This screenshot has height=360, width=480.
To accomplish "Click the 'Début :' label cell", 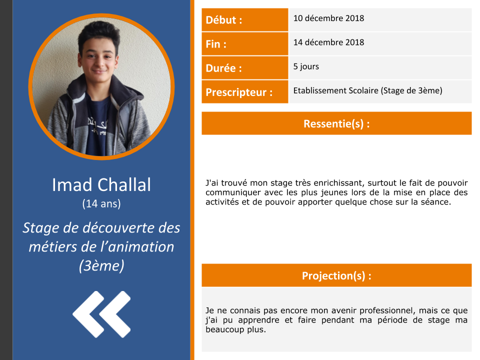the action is (x=244, y=20).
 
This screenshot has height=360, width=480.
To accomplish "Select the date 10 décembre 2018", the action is (x=328, y=18).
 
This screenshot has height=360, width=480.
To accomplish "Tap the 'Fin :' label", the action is (x=216, y=44).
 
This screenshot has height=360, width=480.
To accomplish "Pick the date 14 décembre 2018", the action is (x=328, y=42).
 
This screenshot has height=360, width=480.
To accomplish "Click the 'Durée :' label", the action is (x=224, y=68).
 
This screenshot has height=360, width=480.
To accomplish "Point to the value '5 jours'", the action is (x=306, y=66).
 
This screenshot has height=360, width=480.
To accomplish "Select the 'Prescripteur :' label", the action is (x=239, y=92).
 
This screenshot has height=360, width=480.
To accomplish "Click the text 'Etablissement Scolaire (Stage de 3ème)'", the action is (x=367, y=90).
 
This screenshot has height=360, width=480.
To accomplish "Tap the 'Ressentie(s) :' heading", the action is (x=336, y=123).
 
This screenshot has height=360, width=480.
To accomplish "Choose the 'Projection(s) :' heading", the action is (x=336, y=275).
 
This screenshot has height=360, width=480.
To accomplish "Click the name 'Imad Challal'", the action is (x=101, y=185).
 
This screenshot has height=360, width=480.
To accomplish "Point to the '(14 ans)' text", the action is (x=101, y=203).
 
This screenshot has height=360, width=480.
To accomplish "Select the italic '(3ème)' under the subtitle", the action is (x=101, y=265).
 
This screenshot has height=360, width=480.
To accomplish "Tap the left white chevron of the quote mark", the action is (x=88, y=314).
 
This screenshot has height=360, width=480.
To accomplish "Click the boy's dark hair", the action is (x=99, y=33).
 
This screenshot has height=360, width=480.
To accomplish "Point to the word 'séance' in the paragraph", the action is (x=436, y=201).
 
